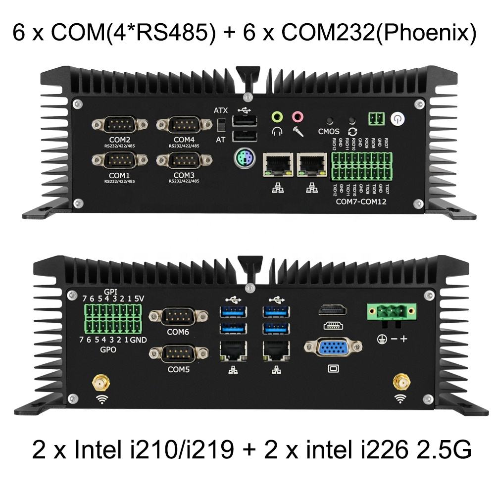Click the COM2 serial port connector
pos(119,124)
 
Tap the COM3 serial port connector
pos(184,160)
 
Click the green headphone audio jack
pos(278,117)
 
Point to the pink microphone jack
pos(297,117)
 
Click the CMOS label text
pos(328,132)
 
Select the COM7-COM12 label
pos(361,202)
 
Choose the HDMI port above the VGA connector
pos(332,310)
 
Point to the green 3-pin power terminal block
pos(390,312)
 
